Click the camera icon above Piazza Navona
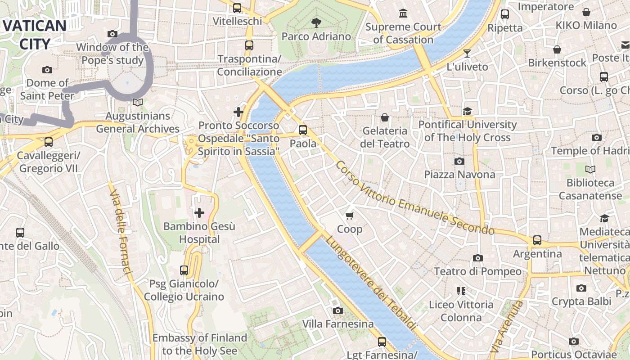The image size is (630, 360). click(459, 161)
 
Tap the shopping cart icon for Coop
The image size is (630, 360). click(350, 216)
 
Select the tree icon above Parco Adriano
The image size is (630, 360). click(316, 22)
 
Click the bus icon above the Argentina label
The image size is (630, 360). click(537, 240)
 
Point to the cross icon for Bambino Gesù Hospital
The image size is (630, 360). click(199, 212)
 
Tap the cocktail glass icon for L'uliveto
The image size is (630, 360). click(467, 54)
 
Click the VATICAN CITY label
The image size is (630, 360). click(35, 35)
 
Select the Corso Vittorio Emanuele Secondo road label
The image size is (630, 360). click(414, 198)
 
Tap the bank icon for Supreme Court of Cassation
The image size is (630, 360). click(403, 13)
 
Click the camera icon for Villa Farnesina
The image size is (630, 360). click(337, 310)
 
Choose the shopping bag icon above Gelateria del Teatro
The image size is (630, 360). click(385, 117)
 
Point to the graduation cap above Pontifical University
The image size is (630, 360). click(468, 111)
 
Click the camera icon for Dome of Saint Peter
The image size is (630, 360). click(47, 70)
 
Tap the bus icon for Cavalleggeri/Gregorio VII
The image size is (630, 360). click(48, 142)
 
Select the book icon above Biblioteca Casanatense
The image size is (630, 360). click(590, 169)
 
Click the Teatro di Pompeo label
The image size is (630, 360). click(477, 271)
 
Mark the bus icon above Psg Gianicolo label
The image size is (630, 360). click(184, 270)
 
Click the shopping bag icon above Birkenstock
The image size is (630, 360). click(557, 49)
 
